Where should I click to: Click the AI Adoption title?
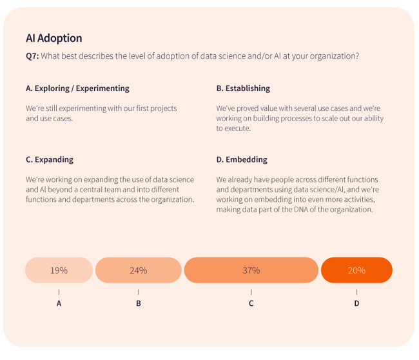pos(54,38)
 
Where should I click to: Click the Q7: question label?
pos(32,56)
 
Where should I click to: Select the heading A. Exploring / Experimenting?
pos(77,88)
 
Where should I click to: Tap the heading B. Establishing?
pos(243,88)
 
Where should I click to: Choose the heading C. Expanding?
pos(50,159)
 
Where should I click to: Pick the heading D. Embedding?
pos(242,159)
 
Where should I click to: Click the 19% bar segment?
pos(59,270)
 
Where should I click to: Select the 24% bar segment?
pos(138,270)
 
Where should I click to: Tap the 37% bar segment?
pos(251,270)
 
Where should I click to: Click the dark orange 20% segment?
pos(356,270)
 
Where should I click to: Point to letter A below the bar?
pos(59,303)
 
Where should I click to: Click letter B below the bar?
pos(138,303)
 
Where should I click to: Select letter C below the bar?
pos(251,303)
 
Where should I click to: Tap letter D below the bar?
pos(356,303)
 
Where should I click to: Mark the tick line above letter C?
pos(251,292)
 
